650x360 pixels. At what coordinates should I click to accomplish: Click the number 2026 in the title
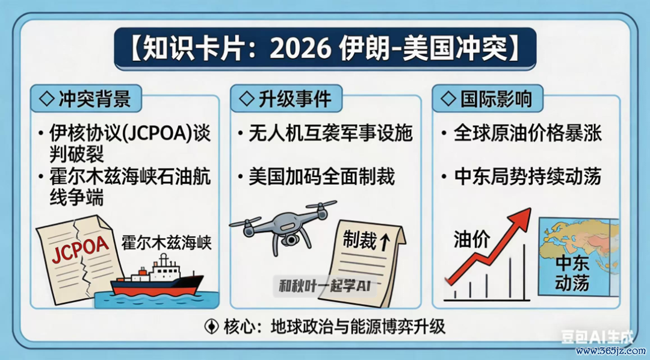pyautogui.click(x=300, y=49)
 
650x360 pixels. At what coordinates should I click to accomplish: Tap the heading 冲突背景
pyautogui.click(x=95, y=99)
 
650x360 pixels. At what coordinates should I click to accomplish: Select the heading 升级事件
pyautogui.click(x=296, y=99)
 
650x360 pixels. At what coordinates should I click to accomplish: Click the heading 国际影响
pyautogui.click(x=496, y=99)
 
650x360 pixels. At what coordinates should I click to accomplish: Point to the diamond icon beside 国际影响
pyautogui.click(x=448, y=99)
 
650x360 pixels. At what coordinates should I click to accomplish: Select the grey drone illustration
pyautogui.click(x=283, y=226)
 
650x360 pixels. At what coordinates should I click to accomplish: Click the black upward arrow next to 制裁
pyautogui.click(x=385, y=241)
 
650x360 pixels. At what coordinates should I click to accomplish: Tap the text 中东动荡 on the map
pyautogui.click(x=572, y=273)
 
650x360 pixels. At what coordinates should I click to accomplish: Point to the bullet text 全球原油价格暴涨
pyautogui.click(x=528, y=134)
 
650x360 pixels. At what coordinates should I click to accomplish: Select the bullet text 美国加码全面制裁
pyautogui.click(x=321, y=176)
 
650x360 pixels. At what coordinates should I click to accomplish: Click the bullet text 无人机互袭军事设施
pyautogui.click(x=331, y=134)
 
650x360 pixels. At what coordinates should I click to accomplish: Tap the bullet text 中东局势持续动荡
pyautogui.click(x=528, y=176)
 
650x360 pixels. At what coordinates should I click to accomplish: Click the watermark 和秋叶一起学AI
pyautogui.click(x=324, y=286)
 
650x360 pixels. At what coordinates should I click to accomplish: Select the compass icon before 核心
pyautogui.click(x=212, y=326)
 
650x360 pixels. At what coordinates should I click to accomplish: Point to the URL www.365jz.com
pyautogui.click(x=611, y=351)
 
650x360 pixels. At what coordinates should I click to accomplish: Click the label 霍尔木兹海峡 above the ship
pyautogui.click(x=166, y=243)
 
